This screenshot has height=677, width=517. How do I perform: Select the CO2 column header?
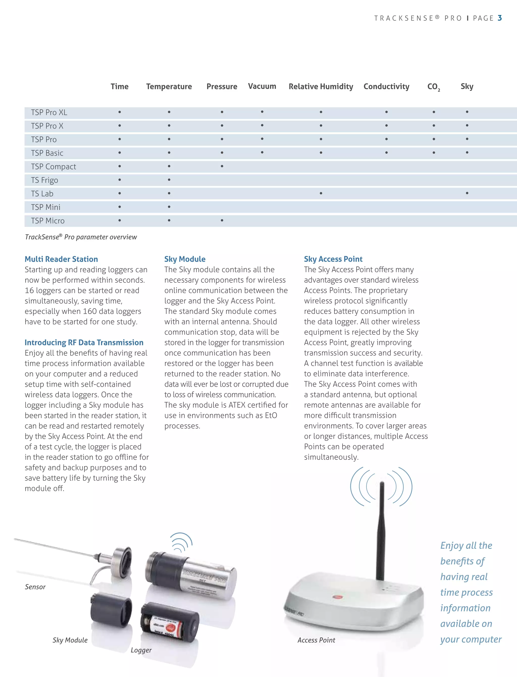[x=433, y=87]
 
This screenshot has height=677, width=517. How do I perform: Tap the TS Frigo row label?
[x=44, y=180]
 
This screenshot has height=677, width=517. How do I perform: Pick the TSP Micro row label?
[x=48, y=221]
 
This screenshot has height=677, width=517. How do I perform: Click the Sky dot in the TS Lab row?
[x=467, y=193]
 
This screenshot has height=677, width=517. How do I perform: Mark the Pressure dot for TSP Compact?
[x=222, y=166]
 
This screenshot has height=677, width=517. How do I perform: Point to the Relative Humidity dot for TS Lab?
[x=321, y=193]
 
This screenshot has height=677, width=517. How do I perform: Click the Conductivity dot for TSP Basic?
[x=386, y=153]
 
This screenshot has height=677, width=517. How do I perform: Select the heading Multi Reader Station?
[x=61, y=259]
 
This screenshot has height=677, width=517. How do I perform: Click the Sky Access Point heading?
[x=333, y=259]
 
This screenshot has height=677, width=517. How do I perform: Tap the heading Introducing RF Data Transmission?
[x=84, y=343]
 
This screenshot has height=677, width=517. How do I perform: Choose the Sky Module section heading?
[x=185, y=259]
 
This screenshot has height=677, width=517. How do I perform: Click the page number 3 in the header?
[x=500, y=18]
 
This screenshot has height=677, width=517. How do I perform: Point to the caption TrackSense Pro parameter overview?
[x=81, y=237]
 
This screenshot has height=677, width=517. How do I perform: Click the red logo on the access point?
[x=337, y=597]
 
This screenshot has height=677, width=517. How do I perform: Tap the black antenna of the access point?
[x=381, y=532]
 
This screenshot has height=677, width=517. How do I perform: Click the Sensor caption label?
[x=35, y=587]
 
